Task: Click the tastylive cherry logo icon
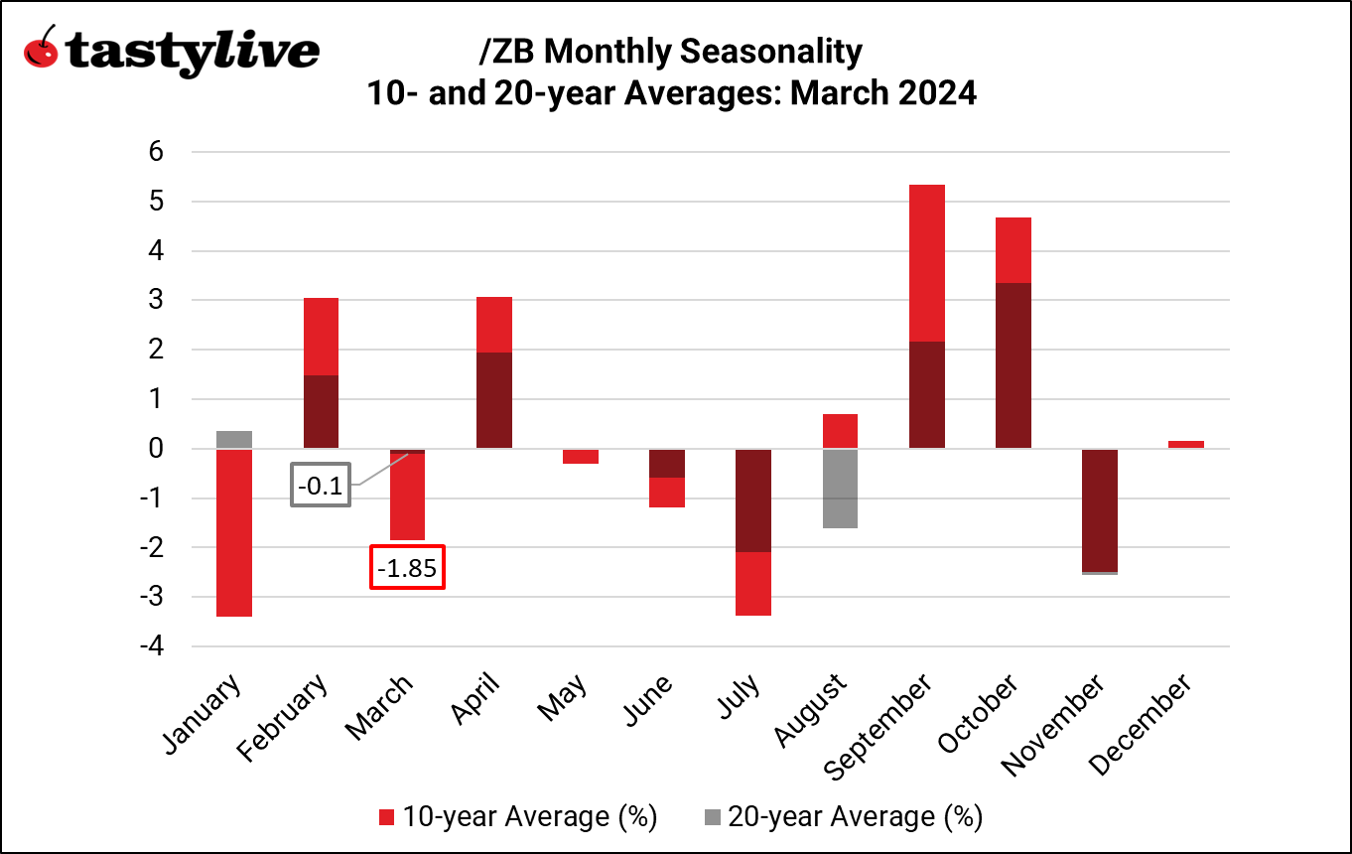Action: tap(40, 47)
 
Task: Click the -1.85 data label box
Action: tap(407, 567)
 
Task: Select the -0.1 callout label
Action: tap(321, 486)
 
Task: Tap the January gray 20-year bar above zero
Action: tap(233, 439)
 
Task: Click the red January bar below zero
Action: tap(233, 532)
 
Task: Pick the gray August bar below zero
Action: tap(839, 489)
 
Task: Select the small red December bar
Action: tap(1185, 444)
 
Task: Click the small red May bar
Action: tap(580, 456)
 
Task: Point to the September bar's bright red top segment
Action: tap(926, 262)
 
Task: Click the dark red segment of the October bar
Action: tap(1014, 365)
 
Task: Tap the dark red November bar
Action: tap(1100, 510)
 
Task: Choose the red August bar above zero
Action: tap(839, 431)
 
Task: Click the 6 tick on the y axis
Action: tap(156, 152)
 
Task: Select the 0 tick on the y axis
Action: tap(156, 449)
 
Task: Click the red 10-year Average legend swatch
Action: tap(388, 817)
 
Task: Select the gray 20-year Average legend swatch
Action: tap(711, 817)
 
